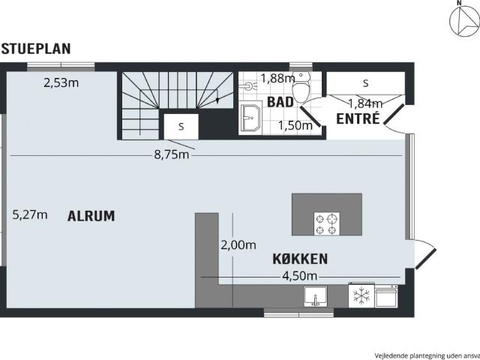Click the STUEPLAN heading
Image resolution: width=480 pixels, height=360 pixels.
(36, 49)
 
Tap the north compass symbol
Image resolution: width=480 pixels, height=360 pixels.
(464, 19)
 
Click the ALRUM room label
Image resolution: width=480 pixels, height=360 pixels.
(91, 216)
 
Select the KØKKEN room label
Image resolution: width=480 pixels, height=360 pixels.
(300, 259)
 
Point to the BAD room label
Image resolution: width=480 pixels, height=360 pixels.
(280, 102)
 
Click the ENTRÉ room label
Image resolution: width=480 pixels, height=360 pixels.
(358, 118)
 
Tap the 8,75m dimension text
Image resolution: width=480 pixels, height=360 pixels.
(172, 155)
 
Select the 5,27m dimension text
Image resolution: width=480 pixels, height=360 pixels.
(30, 215)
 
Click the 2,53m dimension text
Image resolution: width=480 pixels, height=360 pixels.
(61, 83)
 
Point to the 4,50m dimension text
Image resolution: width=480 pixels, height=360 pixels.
(299, 276)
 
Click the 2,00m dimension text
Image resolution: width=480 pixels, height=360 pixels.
(238, 245)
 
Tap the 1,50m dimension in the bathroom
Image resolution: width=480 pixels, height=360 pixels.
(295, 125)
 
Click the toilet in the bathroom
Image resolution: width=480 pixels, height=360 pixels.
(301, 88)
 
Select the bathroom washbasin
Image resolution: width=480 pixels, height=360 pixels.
(251, 118)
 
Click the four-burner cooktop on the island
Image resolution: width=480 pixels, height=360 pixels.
(327, 223)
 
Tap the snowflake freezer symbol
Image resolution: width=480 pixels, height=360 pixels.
(361, 295)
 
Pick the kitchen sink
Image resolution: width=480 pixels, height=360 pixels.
(316, 296)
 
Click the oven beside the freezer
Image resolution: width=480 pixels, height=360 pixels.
(386, 295)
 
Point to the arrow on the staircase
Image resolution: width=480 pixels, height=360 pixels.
(217, 97)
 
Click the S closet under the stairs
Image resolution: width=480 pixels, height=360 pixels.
(181, 127)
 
